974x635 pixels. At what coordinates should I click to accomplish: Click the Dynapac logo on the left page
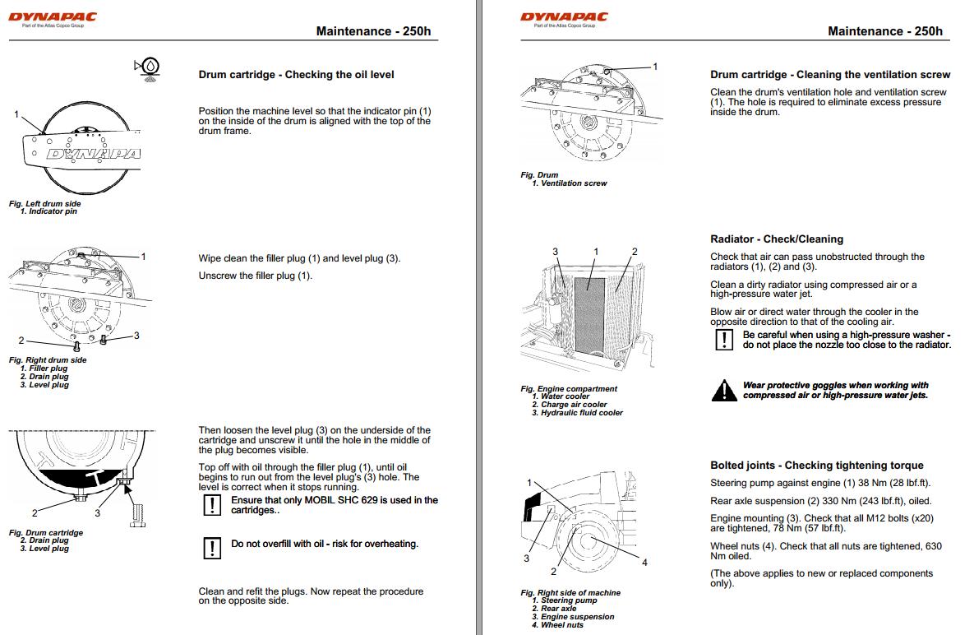pos(53,17)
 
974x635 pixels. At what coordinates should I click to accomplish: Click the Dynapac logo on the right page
pos(564,17)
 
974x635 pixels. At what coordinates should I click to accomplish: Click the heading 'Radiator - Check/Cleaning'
pos(777,239)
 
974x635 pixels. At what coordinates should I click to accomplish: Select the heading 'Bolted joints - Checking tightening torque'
pos(816,466)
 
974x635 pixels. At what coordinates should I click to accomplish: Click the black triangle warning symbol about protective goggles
pos(724,391)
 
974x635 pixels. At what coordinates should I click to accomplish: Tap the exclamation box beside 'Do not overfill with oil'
pos(212,548)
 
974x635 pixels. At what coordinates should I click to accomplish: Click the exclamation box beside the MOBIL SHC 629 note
pos(212,505)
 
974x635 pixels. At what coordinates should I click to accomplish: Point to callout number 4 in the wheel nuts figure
pos(644,563)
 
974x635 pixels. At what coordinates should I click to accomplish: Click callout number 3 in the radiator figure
pos(555,252)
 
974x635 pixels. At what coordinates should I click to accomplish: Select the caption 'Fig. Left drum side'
pos(45,204)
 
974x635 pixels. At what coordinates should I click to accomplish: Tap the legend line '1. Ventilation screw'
pos(568,183)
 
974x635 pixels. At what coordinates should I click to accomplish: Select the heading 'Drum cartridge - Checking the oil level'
pos(296,75)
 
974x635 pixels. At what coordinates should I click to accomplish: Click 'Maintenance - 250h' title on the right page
pos(884,32)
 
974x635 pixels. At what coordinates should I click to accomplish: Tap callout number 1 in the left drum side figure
pos(16,114)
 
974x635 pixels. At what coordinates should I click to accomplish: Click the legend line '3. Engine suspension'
pos(572,617)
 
